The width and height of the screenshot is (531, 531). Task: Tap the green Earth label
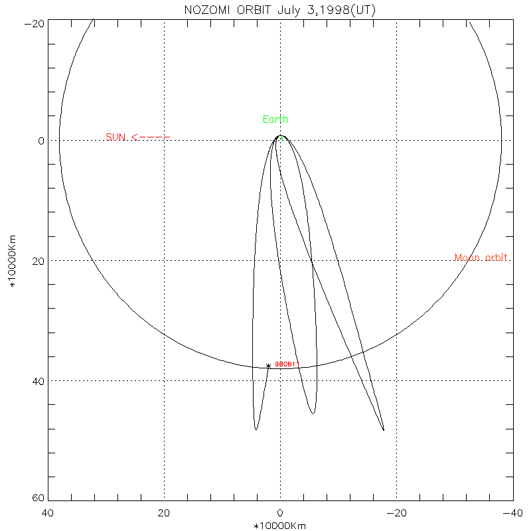click(275, 119)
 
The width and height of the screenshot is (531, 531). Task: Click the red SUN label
click(115, 137)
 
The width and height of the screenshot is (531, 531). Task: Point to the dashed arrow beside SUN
click(151, 137)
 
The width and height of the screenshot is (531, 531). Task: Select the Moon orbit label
click(482, 258)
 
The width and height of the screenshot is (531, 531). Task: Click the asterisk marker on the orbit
click(268, 366)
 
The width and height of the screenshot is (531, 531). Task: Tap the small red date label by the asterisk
click(284, 364)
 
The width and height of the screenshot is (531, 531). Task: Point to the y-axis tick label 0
click(40, 141)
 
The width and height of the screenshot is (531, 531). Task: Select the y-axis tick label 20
click(38, 262)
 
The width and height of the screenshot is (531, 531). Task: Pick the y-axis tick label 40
click(38, 382)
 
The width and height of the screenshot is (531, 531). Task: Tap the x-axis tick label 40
click(48, 513)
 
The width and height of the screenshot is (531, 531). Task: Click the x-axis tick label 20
click(164, 513)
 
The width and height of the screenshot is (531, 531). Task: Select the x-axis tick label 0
click(280, 513)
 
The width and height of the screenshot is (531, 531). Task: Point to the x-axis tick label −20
click(396, 513)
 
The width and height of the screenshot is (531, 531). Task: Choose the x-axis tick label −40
click(512, 513)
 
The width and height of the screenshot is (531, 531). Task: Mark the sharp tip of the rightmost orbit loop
click(384, 430)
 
